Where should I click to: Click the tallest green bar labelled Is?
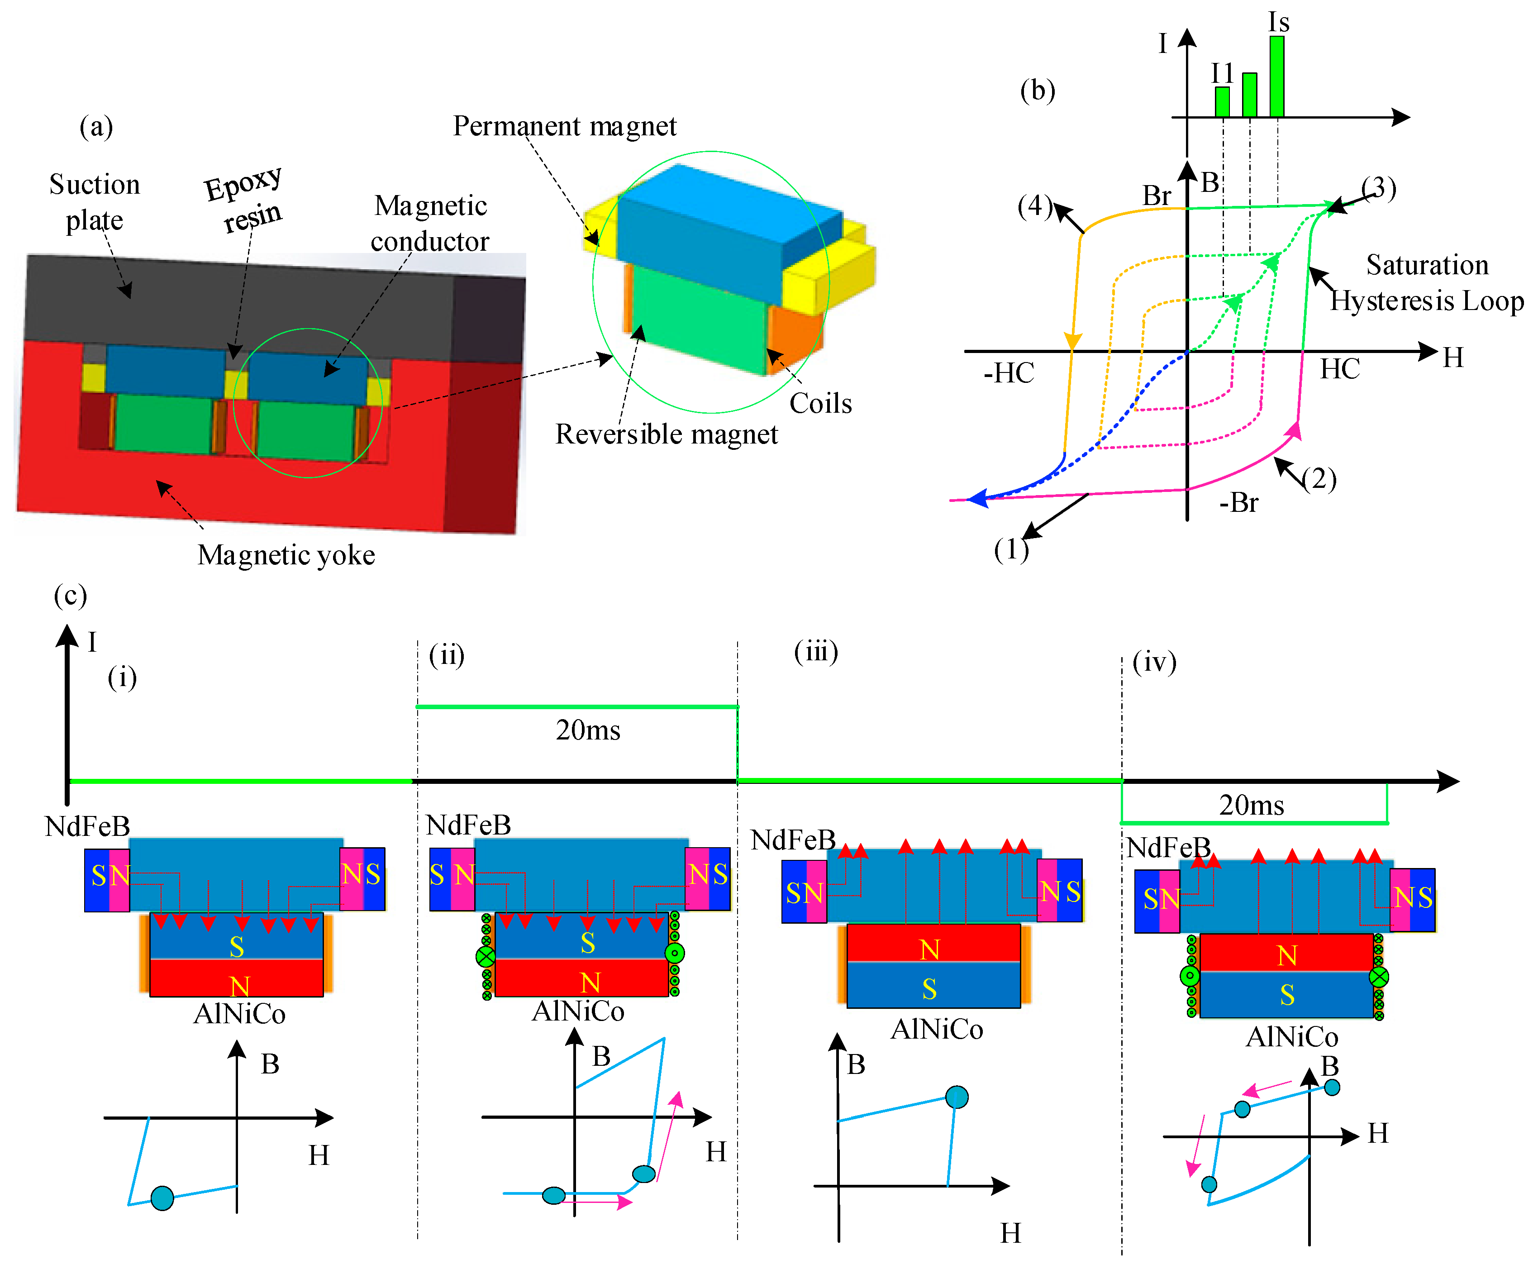point(1276,77)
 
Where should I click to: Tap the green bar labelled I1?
point(1221,102)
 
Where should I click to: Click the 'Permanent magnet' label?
point(564,126)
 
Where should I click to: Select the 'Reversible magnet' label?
point(666,434)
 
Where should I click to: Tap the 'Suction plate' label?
point(94,202)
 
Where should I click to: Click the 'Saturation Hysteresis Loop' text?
point(1426,283)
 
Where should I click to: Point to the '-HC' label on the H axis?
point(1009,373)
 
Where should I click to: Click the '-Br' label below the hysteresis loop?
point(1238,503)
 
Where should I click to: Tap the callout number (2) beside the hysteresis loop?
point(1319,480)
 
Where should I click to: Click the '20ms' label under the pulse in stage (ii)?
point(588,730)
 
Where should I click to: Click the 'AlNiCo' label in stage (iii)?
point(936,1029)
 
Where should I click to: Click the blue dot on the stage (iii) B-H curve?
point(956,1097)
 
